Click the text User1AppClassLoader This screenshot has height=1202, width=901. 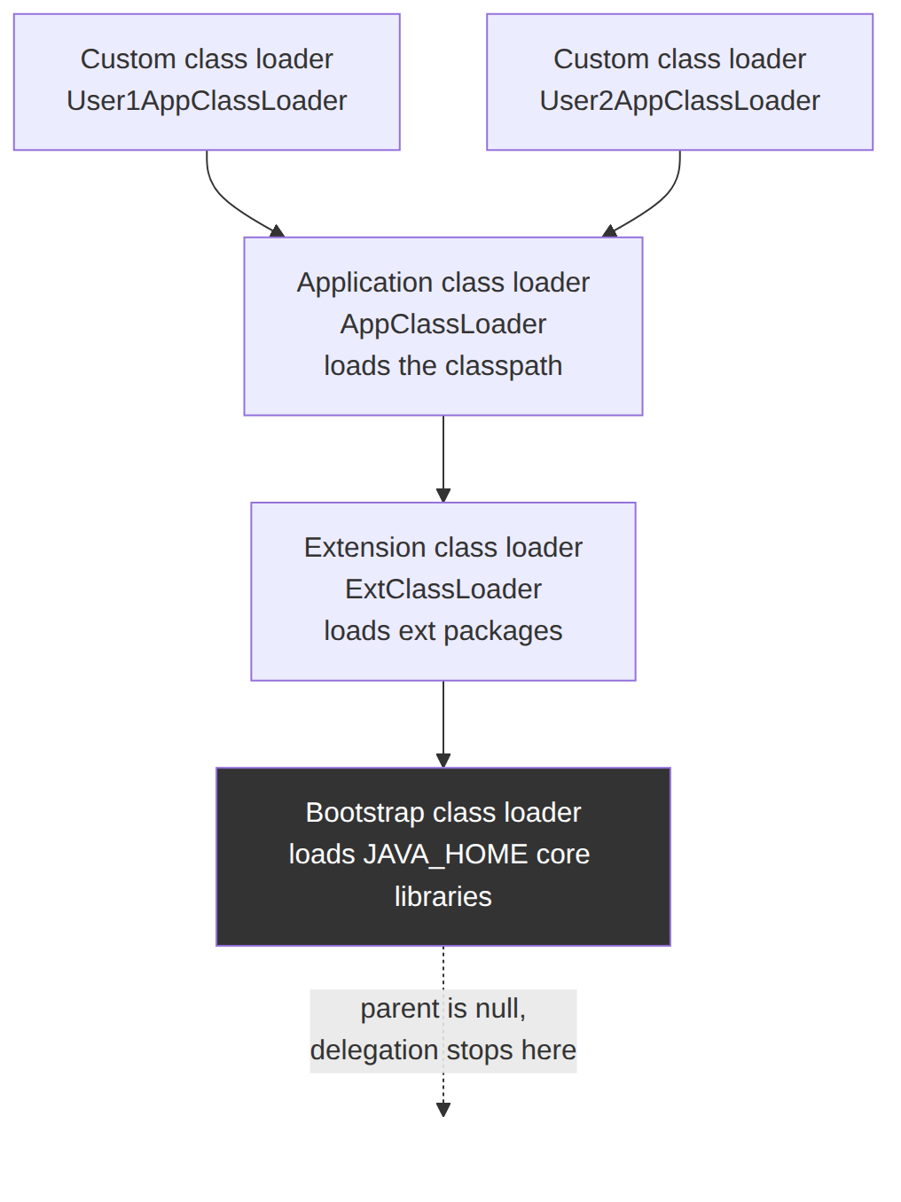tap(207, 101)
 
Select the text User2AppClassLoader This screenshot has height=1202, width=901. tap(679, 101)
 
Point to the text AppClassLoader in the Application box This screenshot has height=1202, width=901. tap(443, 324)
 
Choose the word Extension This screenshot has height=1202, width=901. tap(364, 548)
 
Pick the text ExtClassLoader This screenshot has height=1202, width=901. tap(443, 589)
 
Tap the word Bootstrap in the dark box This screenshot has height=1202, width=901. tap(365, 813)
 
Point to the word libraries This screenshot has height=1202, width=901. tap(443, 897)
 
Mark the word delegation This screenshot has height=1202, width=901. tap(374, 1051)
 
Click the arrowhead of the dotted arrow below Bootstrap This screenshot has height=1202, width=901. tap(443, 1110)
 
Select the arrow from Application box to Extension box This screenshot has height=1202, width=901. tap(443, 459)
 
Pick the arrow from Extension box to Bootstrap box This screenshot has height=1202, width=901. tap(443, 724)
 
